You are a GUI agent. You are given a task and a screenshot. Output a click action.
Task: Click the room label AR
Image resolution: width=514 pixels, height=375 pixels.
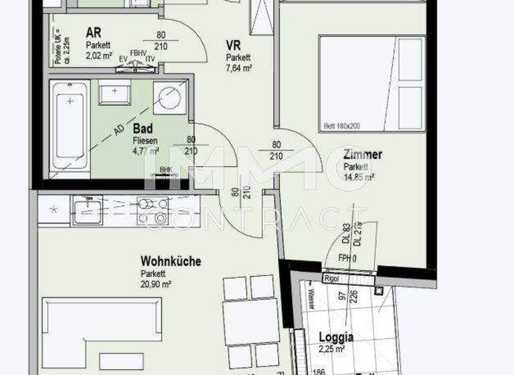pos(93,33)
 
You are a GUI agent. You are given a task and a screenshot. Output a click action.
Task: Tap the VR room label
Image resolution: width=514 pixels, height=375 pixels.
pos(234,45)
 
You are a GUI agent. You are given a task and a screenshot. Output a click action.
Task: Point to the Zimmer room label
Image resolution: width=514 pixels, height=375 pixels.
pos(363,155)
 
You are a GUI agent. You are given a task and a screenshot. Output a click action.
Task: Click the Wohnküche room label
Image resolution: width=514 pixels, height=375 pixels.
pos(171,262)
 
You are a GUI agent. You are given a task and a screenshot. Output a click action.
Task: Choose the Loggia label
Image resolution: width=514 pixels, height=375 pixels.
pos(335,337)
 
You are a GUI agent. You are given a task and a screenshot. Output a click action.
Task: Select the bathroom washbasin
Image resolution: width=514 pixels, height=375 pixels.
pos(114,92)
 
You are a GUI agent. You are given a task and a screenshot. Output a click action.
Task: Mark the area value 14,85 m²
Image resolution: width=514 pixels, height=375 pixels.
pos(358,177)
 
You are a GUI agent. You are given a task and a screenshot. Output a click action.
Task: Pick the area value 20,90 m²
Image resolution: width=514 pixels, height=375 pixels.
pos(156,285)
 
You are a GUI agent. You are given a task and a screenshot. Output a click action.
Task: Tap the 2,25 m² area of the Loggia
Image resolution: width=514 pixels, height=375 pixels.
pos(331,349)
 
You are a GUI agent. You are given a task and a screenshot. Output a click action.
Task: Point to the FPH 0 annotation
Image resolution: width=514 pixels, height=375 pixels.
pos(346,257)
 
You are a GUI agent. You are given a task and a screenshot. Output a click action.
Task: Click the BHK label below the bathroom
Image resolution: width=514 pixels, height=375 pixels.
pos(165,170)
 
